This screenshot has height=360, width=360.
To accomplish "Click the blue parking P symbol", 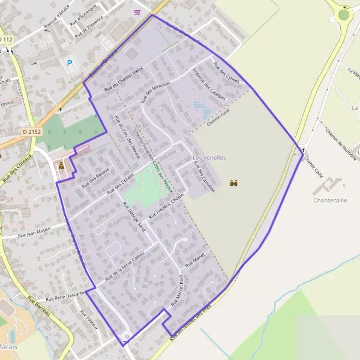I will coord(70,62).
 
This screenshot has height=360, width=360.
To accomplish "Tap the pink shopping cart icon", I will coord(138,11).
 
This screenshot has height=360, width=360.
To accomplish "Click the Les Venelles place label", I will coord(209,157).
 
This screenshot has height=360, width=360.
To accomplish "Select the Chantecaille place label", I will coord(331,200).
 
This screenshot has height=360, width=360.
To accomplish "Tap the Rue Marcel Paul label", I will coord(176,290).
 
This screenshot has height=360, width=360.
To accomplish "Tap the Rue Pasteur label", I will coord(88,322).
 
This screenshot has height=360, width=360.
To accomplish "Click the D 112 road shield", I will coord(5,40).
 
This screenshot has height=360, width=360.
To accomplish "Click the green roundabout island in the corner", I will coord(344,14).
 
